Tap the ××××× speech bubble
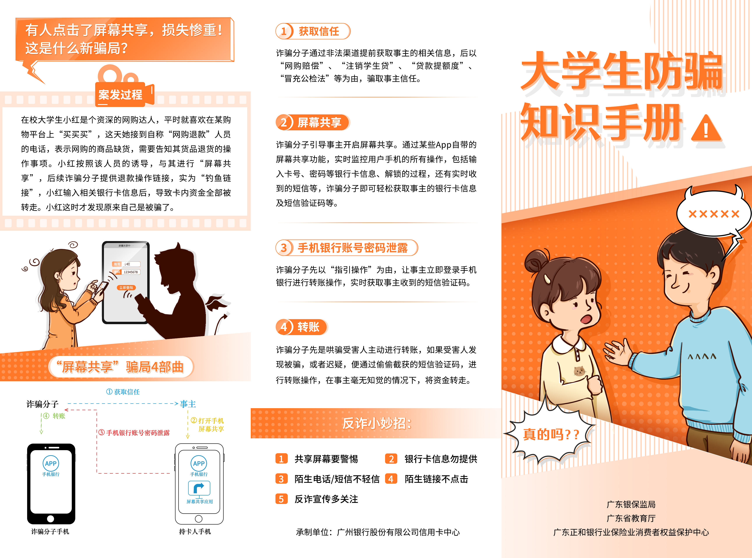[713, 213]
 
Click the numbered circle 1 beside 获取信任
[284, 31]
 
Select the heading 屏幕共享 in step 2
[319, 122]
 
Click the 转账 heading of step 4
[308, 327]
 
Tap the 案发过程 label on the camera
[120, 94]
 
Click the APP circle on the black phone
[51, 464]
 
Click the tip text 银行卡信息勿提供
[441, 459]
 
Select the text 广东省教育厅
[631, 518]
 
